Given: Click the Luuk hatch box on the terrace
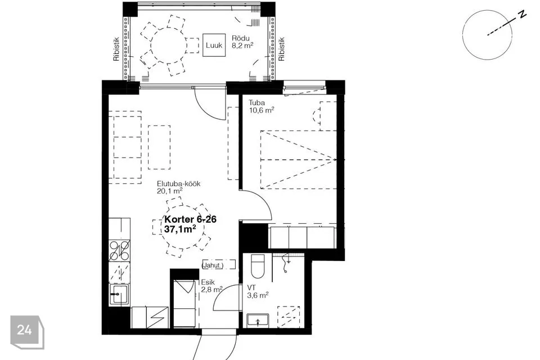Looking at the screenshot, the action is [214, 45].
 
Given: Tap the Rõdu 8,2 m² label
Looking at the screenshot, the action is [242, 42].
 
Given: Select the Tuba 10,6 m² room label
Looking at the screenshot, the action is [262, 106].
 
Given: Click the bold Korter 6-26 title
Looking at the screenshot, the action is [191, 219].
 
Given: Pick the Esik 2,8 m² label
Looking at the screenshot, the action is [211, 286].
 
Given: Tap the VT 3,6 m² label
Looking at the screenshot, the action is [258, 291].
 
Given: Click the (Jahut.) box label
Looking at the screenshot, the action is [213, 265].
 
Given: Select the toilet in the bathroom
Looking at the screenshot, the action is [257, 266].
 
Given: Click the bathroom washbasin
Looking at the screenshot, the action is [258, 320].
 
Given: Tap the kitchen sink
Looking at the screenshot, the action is [119, 294].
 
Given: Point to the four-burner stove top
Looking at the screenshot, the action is [119, 250].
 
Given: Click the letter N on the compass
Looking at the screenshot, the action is [523, 14].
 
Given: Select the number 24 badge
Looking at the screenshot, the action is [25, 330].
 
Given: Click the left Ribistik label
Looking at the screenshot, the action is [116, 49].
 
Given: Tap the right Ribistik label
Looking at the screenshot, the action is [281, 49].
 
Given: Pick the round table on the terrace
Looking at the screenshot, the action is [168, 46].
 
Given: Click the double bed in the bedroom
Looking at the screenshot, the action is [298, 160].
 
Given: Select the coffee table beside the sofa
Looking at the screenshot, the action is [159, 147].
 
